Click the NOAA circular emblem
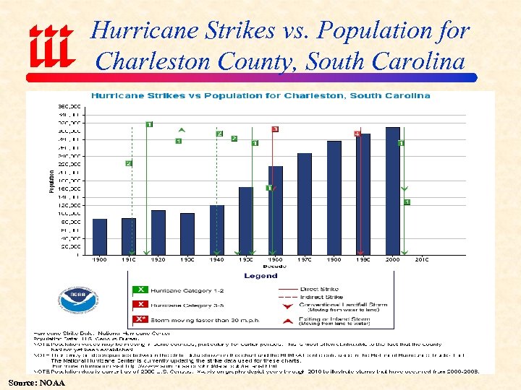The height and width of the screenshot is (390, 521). pos(79,300)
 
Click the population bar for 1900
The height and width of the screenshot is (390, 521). pos(100,236)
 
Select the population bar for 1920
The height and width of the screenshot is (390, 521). pos(158,232)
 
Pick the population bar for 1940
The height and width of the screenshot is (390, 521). pos(217,230)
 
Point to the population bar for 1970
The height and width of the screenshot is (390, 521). pos(305,204)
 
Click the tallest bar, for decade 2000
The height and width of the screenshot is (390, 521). pos(392,191)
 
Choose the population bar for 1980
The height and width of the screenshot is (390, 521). pos(334,197)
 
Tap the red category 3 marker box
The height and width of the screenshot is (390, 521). pos(275,129)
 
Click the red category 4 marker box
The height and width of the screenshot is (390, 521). pos(357,134)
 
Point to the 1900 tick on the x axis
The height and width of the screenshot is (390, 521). pos(100,259)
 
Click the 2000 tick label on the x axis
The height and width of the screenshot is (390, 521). pos(392,259)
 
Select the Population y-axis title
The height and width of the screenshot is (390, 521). pos(51,181)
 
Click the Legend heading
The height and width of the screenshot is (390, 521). pos(260,276)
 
